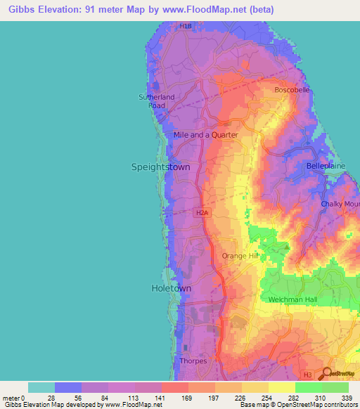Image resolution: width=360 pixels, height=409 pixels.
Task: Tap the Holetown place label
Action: (x=171, y=288)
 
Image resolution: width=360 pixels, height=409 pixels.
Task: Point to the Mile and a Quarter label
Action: (x=206, y=134)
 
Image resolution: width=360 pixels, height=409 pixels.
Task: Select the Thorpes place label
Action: (x=193, y=361)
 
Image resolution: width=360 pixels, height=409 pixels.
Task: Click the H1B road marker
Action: (x=185, y=26)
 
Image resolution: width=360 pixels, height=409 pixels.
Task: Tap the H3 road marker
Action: (x=307, y=376)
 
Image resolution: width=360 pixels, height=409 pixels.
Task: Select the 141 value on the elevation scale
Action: (x=161, y=398)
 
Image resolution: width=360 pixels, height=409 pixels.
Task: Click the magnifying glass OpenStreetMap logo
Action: (x=327, y=373)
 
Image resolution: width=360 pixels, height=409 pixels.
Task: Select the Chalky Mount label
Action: (x=340, y=204)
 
